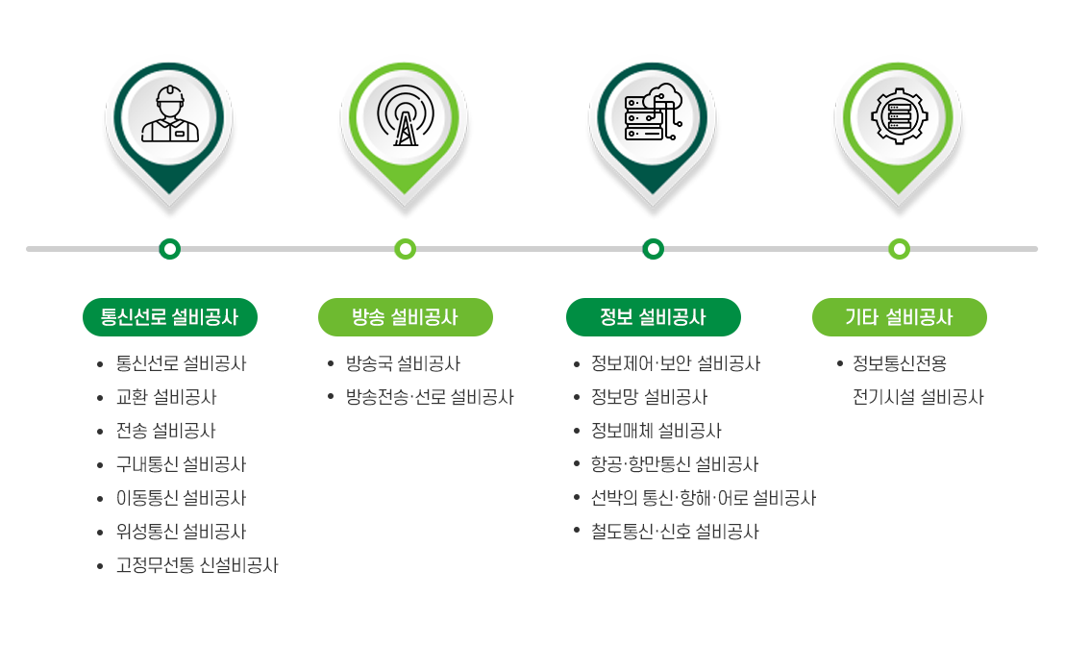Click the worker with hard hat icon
[170, 114]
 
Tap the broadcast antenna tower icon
[406, 115]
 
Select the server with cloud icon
[654, 112]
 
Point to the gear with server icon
[900, 116]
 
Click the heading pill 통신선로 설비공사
[170, 317]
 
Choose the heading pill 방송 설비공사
[406, 317]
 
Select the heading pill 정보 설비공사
[654, 317]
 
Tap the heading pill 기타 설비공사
[900, 317]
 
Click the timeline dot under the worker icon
[170, 249]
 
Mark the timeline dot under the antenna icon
[406, 249]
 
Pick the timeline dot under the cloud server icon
[654, 249]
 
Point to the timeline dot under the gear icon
[900, 249]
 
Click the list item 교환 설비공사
[166, 397]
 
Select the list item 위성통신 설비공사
[182, 532]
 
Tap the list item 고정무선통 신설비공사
[197, 565]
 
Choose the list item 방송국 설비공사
[404, 363]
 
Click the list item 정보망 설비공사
[650, 397]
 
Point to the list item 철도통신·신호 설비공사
[675, 532]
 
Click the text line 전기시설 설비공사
[918, 397]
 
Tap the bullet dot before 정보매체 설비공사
[577, 432]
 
